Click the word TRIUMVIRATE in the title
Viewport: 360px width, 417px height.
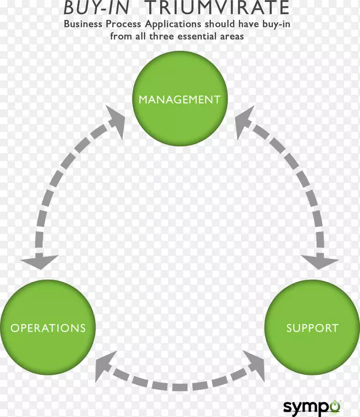(217, 8)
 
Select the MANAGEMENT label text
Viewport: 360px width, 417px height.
(179, 99)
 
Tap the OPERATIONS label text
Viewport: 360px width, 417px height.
(48, 328)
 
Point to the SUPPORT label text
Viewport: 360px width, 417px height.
(312, 328)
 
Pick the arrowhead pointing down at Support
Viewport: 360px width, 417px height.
(319, 261)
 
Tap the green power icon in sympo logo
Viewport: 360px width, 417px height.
(334, 404)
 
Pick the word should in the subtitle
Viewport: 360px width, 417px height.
(219, 24)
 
